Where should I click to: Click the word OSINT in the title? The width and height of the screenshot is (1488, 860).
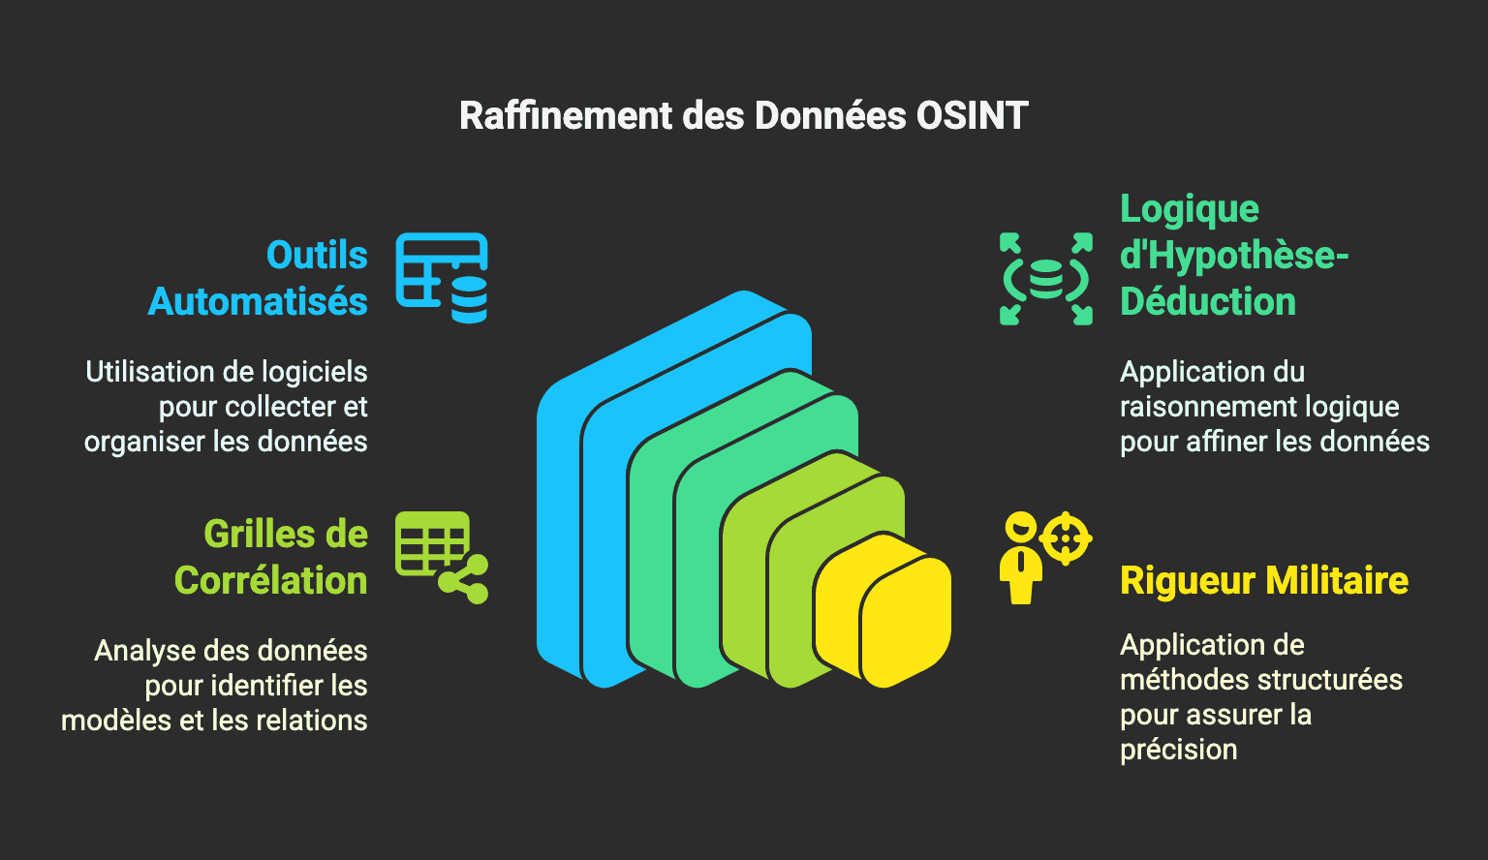point(972,115)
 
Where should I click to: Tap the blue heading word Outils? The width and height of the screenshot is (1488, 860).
point(317,255)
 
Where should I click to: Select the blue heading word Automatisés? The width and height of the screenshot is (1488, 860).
point(258,301)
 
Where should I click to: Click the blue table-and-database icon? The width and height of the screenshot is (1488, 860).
point(442,278)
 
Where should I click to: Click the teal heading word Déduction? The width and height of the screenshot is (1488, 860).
point(1208,301)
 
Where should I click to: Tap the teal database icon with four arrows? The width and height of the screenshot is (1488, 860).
point(1045,279)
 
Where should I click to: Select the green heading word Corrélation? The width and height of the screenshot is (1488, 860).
point(271,580)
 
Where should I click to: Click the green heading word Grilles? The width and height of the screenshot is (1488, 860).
point(249,534)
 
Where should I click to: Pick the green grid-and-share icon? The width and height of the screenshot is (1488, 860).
point(442,557)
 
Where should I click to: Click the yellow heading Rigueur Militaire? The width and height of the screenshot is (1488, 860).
point(1264,580)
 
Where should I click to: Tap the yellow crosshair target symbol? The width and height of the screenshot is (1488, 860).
point(1066,537)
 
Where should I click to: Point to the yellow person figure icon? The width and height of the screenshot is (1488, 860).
point(1021,559)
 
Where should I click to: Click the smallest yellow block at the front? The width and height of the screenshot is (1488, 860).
point(906,621)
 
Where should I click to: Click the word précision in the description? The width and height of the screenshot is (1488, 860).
point(1178,750)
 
